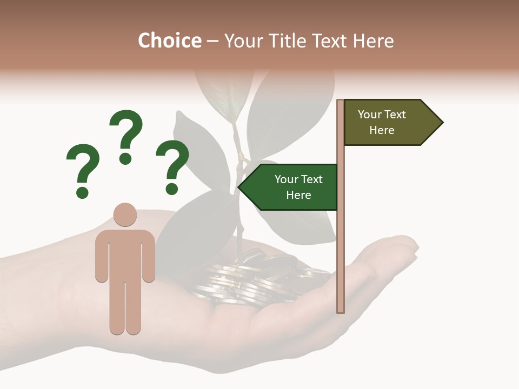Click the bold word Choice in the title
click(169, 41)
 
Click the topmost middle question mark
click(126, 135)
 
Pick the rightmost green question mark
click(172, 165)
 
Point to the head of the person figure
click(125, 214)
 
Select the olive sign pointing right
click(387, 123)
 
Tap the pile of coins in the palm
click(254, 278)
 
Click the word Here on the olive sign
click(382, 130)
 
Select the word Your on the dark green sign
click(286, 180)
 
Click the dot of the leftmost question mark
click(82, 192)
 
